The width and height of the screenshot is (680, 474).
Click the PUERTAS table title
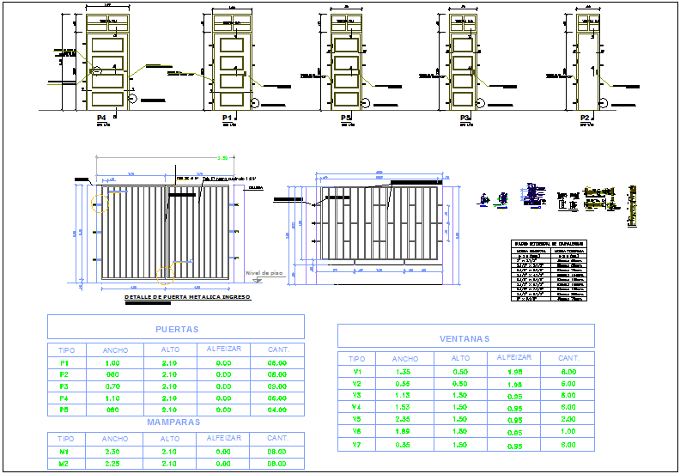pos(177,329)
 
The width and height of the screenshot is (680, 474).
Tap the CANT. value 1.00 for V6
pos(568,432)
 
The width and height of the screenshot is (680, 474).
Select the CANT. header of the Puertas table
pos(278,349)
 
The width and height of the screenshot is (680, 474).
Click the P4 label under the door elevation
pos(101,117)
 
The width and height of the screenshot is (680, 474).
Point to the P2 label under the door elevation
pos(585,117)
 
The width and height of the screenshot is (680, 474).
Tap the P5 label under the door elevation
pos(346,117)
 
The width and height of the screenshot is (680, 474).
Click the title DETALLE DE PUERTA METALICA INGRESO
pos(187,297)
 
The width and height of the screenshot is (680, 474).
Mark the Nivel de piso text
pos(264,273)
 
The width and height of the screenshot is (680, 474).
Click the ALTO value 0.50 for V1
pos(460,372)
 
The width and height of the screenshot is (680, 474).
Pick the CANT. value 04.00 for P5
pos(276,410)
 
